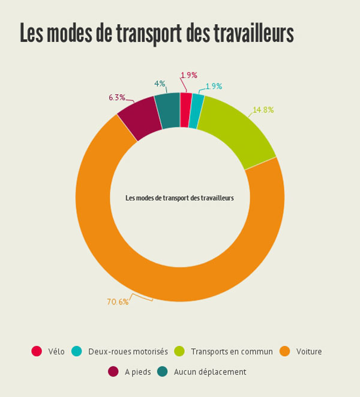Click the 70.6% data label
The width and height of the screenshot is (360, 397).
(118, 302)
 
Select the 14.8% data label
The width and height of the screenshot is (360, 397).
(263, 110)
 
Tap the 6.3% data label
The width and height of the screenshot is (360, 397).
(117, 97)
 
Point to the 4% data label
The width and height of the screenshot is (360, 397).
(160, 83)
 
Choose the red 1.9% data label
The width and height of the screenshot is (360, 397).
(188, 75)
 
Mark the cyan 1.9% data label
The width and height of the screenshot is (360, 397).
(214, 86)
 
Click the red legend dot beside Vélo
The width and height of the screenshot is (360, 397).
(37, 351)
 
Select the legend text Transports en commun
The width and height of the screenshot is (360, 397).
(232, 351)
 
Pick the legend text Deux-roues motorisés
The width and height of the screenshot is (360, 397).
(128, 351)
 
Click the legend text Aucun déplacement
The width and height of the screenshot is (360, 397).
(210, 372)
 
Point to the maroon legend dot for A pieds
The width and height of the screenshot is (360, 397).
(113, 372)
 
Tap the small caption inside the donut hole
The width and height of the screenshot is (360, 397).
(179, 198)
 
